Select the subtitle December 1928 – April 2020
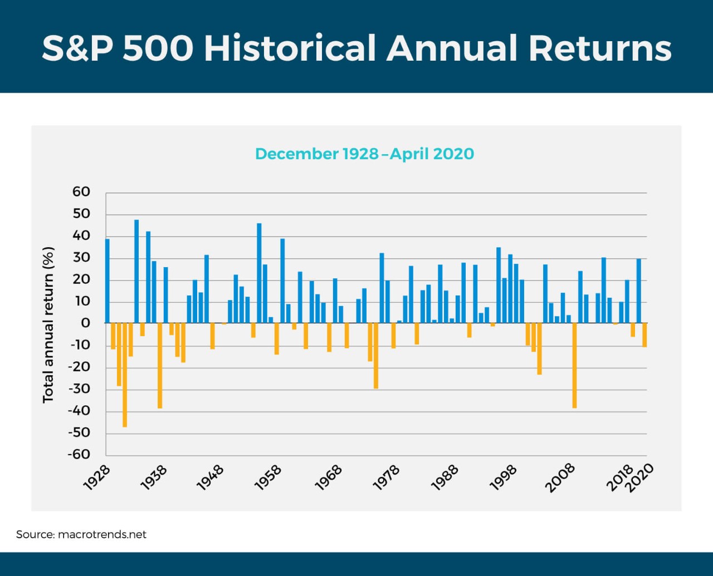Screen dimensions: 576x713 [364, 154]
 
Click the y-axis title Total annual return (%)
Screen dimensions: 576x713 [48, 324]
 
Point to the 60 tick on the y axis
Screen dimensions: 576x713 [81, 192]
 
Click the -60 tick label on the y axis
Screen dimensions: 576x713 [79, 454]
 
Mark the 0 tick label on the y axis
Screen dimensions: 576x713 [85, 323]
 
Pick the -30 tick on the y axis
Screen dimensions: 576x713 [79, 388]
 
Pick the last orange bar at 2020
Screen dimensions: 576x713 [644, 334]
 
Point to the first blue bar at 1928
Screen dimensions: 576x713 [108, 281]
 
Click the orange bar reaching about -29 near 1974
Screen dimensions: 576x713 [376, 356]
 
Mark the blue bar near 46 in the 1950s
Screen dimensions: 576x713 [259, 273]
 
